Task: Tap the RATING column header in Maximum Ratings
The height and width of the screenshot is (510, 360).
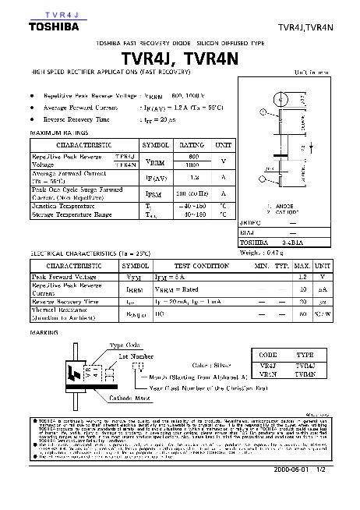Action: pyautogui.click(x=191, y=145)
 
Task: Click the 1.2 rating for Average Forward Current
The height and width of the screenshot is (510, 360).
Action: pyautogui.click(x=194, y=177)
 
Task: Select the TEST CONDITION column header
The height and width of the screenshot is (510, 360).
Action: pyautogui.click(x=201, y=266)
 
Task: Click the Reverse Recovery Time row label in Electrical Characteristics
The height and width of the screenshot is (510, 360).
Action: pyautogui.click(x=65, y=300)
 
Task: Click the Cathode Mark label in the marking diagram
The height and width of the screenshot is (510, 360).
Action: pyautogui.click(x=113, y=398)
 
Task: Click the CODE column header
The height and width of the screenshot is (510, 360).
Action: pyautogui.click(x=267, y=354)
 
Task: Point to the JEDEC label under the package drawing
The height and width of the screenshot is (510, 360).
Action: pyautogui.click(x=249, y=222)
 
